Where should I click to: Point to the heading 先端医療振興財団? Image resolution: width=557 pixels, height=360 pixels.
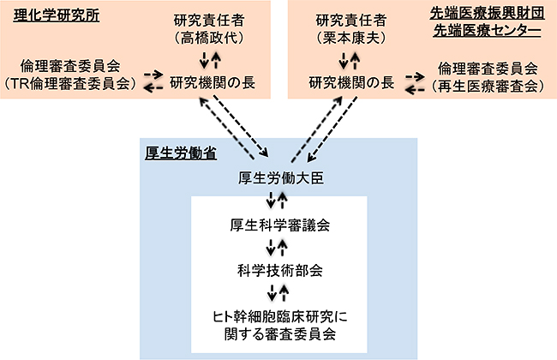tap(486, 14)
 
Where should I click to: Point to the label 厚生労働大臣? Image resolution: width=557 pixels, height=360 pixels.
tap(278, 179)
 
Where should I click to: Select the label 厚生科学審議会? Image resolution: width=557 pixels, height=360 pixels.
tap(278, 226)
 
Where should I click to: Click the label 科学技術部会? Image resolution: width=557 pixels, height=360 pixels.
tap(278, 270)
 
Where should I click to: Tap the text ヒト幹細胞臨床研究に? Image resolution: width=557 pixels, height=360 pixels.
tap(278, 314)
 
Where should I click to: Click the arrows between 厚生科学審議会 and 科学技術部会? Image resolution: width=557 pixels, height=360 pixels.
tap(278, 249)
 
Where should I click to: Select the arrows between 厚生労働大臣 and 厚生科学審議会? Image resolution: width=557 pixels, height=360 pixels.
tap(278, 202)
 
